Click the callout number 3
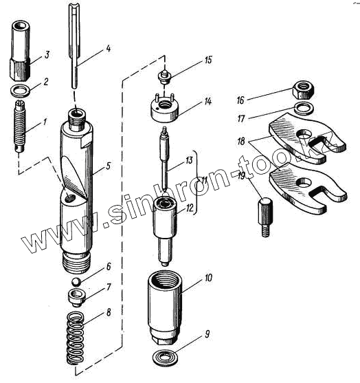47,55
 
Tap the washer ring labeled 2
21,90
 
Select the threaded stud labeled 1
20,126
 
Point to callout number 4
108,48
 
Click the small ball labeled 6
76,282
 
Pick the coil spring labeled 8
76,339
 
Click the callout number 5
108,166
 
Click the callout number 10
208,278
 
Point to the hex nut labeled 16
303,90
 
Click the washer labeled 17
304,109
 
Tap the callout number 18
241,141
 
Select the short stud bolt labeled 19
265,218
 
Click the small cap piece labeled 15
165,77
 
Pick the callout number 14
208,101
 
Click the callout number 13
190,160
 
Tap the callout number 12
190,208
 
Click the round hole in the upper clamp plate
304,133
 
